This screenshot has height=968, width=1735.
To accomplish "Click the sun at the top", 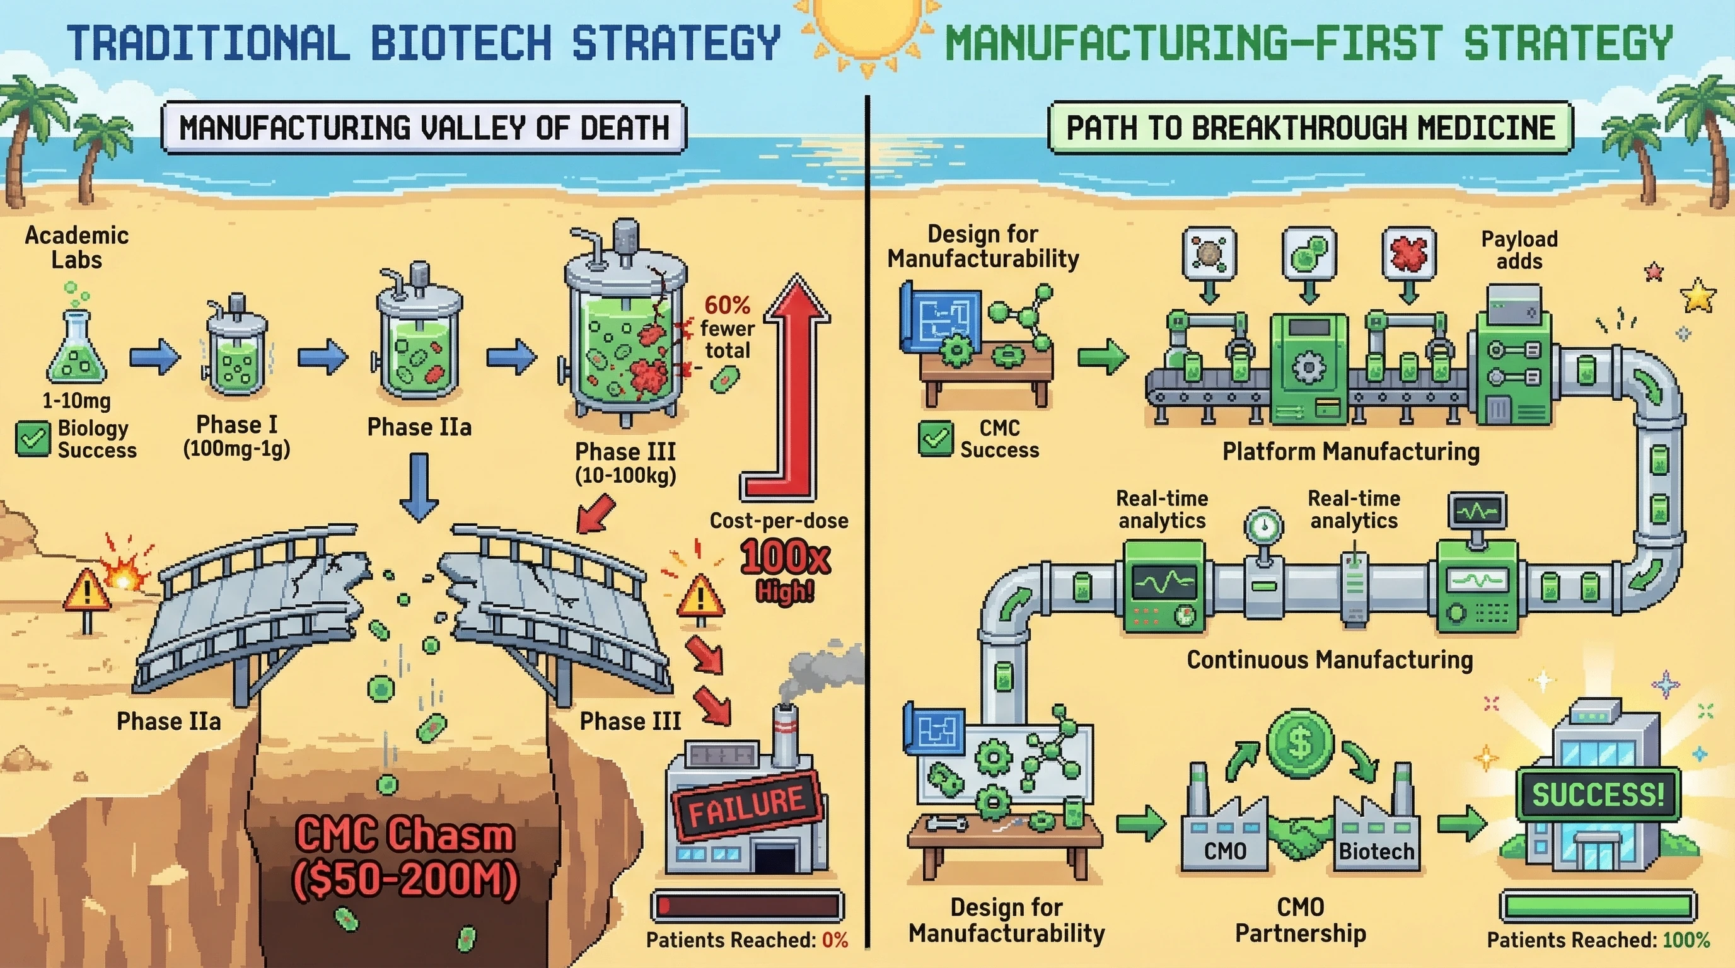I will click(x=866, y=30).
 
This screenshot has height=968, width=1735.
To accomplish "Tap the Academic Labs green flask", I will click(x=76, y=350).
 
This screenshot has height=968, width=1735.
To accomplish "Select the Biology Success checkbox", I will click(x=32, y=439).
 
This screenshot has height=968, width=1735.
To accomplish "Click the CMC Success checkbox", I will click(x=936, y=438).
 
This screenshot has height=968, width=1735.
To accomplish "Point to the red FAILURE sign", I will click(x=746, y=806).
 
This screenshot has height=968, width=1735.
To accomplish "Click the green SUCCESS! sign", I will click(x=1598, y=794).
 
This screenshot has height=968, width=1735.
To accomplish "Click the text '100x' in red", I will click(x=785, y=557).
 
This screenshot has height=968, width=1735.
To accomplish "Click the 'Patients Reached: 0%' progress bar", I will click(x=748, y=906).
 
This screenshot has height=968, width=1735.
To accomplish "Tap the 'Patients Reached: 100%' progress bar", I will click(x=1598, y=906).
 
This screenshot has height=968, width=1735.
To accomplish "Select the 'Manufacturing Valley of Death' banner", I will click(x=424, y=127).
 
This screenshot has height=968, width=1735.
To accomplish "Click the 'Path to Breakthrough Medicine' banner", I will click(x=1310, y=127).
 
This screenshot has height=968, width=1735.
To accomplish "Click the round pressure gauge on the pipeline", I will click(x=1263, y=526).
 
